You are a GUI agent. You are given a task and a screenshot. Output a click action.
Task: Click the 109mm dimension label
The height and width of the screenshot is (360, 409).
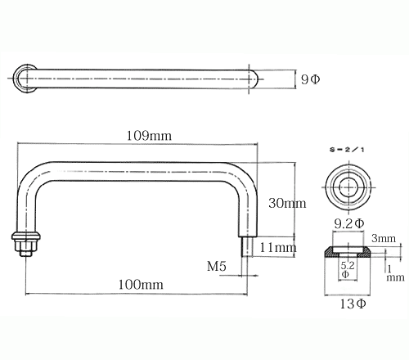pyautogui.click(x=149, y=136)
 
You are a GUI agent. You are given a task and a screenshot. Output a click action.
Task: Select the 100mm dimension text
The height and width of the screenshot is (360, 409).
pyautogui.click(x=141, y=285)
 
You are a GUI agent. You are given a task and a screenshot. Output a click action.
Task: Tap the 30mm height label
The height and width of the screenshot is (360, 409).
pyautogui.click(x=287, y=203)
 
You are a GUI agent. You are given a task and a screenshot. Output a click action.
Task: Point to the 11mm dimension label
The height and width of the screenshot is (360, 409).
pyautogui.click(x=278, y=247)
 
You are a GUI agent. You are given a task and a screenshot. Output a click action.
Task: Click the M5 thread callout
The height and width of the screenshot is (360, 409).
pyautogui.click(x=217, y=266)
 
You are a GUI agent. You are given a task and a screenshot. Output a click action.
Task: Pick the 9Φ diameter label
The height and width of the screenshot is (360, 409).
pyautogui.click(x=310, y=79)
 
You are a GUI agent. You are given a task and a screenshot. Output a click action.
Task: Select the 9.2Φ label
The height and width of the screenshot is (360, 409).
pyautogui.click(x=349, y=224)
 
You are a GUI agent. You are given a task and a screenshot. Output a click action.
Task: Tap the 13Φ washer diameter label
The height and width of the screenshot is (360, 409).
pyautogui.click(x=353, y=304)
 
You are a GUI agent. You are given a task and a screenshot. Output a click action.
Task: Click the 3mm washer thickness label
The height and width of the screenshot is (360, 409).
pyautogui.click(x=384, y=238)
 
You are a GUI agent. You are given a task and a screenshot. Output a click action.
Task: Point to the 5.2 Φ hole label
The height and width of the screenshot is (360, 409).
pyautogui.click(x=348, y=269)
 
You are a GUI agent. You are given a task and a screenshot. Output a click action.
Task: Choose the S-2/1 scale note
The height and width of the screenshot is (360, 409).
pyautogui.click(x=347, y=150)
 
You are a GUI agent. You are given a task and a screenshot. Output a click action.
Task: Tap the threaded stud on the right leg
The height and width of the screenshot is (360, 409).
pyautogui.click(x=247, y=247)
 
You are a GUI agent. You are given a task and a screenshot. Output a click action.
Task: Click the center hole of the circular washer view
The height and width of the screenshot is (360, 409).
pyautogui.click(x=349, y=187)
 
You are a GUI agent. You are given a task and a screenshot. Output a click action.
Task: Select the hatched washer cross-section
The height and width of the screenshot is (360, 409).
pyautogui.click(x=348, y=251)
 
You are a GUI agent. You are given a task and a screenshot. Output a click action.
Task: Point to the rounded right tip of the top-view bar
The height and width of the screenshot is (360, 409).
pyautogui.click(x=254, y=79)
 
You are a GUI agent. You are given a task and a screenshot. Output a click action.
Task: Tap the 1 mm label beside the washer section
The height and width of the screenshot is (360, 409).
pyautogui.click(x=395, y=273)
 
